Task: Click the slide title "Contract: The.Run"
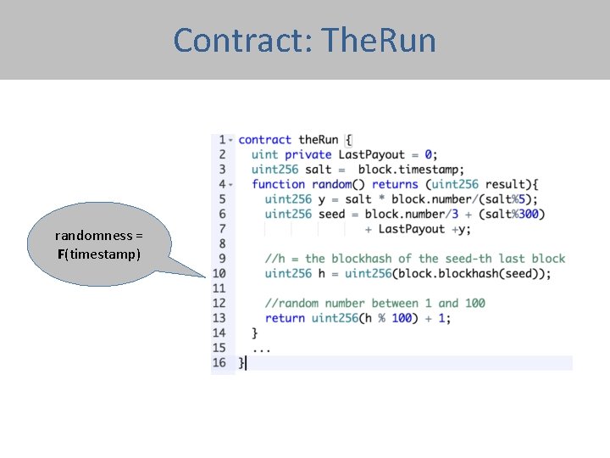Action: (x=304, y=40)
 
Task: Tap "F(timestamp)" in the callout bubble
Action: (x=99, y=254)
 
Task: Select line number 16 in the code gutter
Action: (x=219, y=362)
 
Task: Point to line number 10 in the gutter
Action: (x=219, y=273)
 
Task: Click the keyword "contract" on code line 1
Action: (x=264, y=139)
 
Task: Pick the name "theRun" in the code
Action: (x=318, y=139)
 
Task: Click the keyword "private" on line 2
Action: (x=308, y=154)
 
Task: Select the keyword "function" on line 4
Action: (x=278, y=184)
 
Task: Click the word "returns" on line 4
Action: (x=395, y=184)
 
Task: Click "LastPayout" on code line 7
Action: (x=411, y=228)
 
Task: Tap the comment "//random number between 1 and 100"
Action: (x=374, y=303)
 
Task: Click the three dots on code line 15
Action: (x=261, y=348)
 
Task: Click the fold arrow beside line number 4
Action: (x=230, y=184)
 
